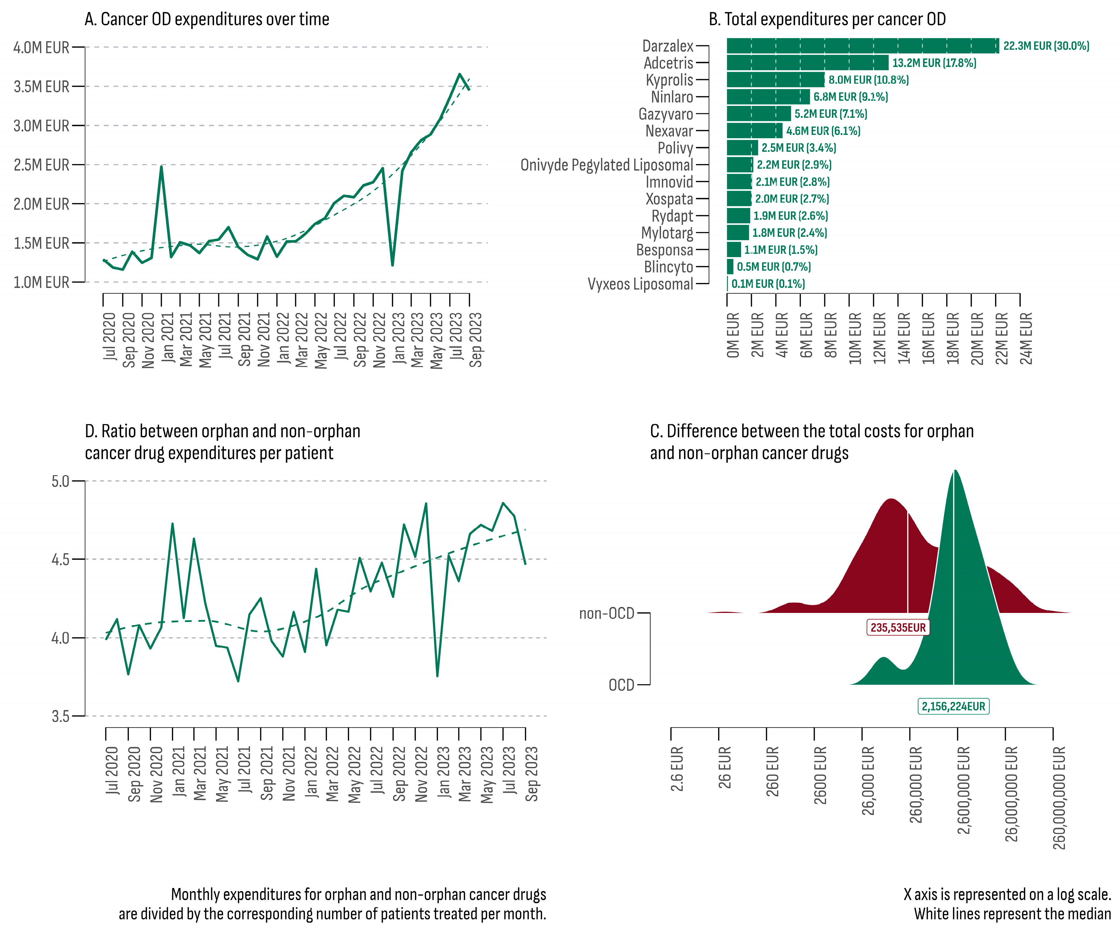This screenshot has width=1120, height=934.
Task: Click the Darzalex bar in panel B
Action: click(862, 46)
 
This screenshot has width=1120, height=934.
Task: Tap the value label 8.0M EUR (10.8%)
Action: click(868, 80)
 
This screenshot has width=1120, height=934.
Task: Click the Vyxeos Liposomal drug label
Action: click(640, 284)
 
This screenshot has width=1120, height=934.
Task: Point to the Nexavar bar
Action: click(754, 131)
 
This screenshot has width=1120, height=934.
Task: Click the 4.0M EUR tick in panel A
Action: click(42, 47)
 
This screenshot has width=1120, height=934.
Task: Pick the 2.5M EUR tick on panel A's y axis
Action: click(42, 165)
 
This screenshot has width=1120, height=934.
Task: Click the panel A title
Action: click(207, 19)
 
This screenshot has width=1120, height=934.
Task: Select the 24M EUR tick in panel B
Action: click(1026, 338)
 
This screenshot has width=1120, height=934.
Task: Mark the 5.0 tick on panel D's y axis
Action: click(60, 481)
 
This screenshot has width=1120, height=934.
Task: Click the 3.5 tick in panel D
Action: click(60, 716)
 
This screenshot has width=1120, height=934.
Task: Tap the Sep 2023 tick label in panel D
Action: click(532, 773)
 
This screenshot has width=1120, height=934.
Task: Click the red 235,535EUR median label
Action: click(898, 627)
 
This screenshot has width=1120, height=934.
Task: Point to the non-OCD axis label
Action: click(606, 613)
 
